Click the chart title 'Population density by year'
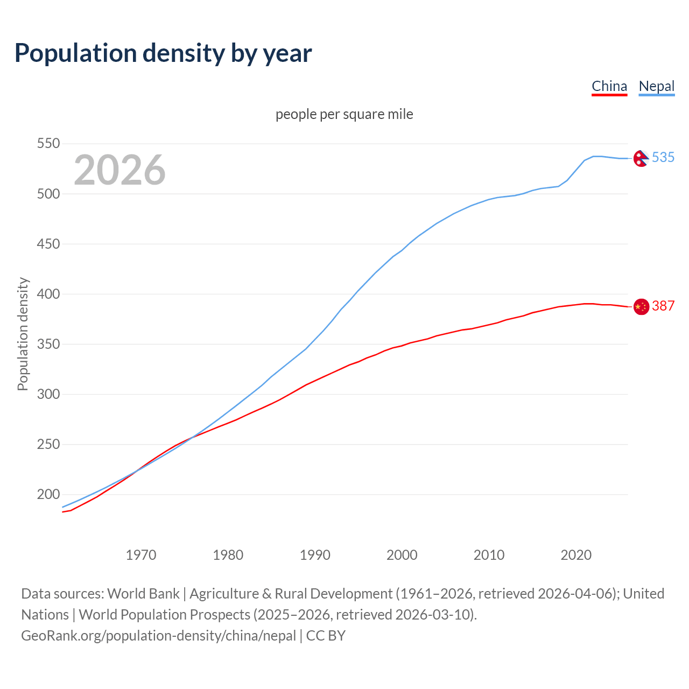tap(163, 53)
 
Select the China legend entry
tap(609, 86)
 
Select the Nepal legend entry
tap(656, 86)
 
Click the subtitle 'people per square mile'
tap(344, 114)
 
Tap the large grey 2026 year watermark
tap(119, 170)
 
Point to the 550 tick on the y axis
tap(48, 144)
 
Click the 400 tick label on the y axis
tap(48, 294)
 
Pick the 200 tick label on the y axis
tap(48, 494)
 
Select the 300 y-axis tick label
tap(48, 394)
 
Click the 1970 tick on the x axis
tap(141, 555)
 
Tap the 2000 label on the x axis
tap(402, 555)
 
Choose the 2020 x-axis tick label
tap(576, 555)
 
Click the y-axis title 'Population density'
tap(23, 334)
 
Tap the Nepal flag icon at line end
tap(641, 158)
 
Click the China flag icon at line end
tap(641, 306)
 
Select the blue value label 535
tap(663, 157)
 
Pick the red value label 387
tap(663, 306)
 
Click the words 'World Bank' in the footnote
tap(143, 593)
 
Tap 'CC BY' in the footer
tap(326, 635)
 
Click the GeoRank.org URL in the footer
tap(158, 635)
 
